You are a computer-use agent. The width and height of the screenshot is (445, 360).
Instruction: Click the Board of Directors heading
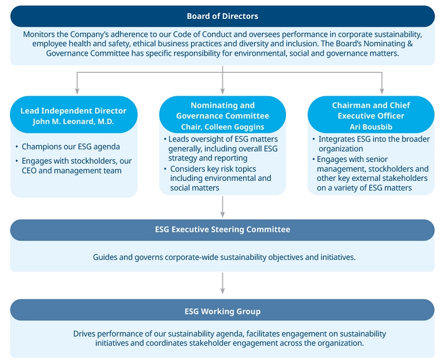pyautogui.click(x=222, y=16)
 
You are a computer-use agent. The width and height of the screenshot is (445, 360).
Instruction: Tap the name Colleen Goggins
pyautogui.click(x=239, y=127)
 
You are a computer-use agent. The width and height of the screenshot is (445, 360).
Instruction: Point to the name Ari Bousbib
pyautogui.click(x=371, y=127)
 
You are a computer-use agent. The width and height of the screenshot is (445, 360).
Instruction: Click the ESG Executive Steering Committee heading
pyautogui.click(x=222, y=229)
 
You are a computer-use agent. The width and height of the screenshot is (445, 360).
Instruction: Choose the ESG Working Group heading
pyautogui.click(x=222, y=311)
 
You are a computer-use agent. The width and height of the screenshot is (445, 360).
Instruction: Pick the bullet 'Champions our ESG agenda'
pyautogui.click(x=71, y=147)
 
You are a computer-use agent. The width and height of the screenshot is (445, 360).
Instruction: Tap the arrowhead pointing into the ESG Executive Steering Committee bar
pyautogui.click(x=222, y=214)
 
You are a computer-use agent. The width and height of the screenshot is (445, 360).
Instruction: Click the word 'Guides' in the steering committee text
pyautogui.click(x=105, y=258)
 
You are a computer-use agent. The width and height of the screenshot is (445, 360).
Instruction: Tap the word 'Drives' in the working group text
pyautogui.click(x=85, y=334)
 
